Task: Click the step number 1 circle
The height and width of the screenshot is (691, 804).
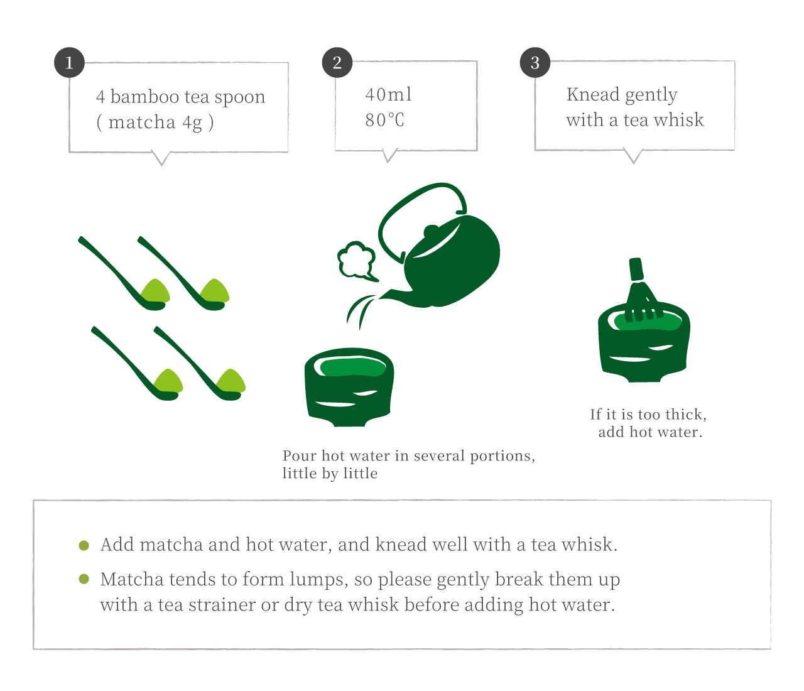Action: tap(69, 62)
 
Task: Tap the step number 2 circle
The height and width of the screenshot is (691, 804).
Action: tap(337, 62)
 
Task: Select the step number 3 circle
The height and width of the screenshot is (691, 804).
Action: tap(535, 62)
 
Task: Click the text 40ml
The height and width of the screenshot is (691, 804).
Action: tap(388, 95)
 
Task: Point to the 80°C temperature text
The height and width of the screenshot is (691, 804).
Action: tap(384, 120)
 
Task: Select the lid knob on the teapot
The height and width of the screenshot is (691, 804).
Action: tap(431, 231)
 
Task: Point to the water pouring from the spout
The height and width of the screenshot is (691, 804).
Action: tap(360, 311)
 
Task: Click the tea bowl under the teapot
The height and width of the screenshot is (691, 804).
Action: tap(349, 387)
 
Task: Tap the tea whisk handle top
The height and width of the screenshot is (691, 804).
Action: tap(636, 269)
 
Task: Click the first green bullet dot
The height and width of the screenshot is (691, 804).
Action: tap(84, 545)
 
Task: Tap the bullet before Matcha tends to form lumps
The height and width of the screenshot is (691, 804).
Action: tap(84, 579)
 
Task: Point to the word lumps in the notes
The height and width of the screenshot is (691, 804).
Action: tap(319, 580)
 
